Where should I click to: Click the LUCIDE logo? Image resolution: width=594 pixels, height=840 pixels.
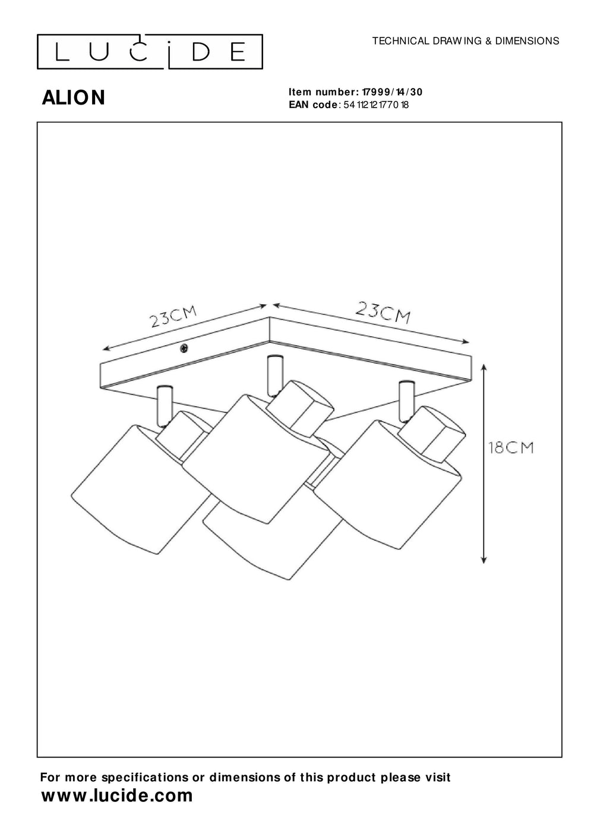point(150,52)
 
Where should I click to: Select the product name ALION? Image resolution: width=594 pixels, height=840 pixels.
point(74,98)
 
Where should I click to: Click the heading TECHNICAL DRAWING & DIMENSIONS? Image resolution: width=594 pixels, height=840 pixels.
point(465,41)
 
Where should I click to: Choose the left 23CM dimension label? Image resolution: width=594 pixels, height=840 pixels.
point(173,318)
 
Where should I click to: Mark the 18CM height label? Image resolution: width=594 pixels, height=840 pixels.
point(510,447)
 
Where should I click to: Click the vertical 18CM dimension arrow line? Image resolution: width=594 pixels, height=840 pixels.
point(485,463)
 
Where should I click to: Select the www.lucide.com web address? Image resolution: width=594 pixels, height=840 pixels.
point(117,796)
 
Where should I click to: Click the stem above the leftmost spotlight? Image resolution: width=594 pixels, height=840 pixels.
point(163,404)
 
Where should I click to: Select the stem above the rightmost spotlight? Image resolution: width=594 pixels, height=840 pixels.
point(407,396)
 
